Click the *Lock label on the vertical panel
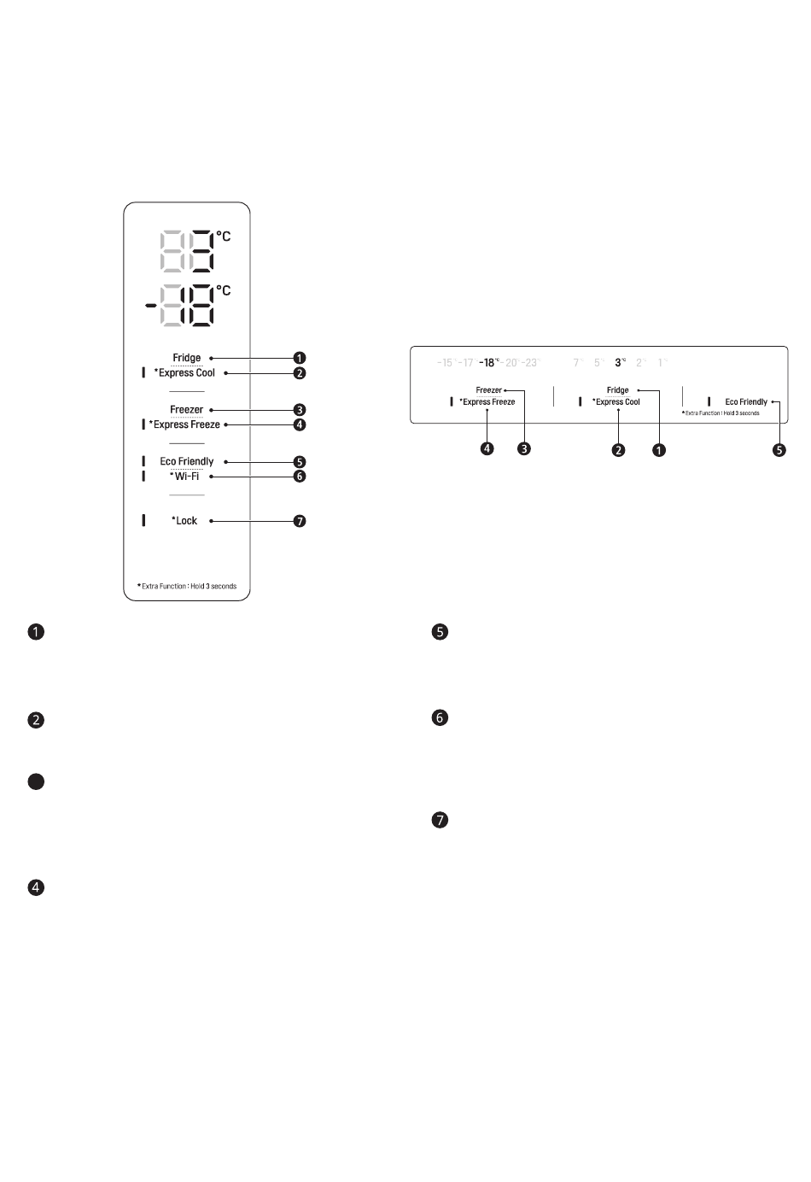185,520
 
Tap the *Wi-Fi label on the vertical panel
185,477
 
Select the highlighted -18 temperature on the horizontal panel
488,363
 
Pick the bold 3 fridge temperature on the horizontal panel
619,363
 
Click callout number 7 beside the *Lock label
300,521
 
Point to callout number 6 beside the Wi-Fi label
300,477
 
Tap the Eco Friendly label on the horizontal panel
745,402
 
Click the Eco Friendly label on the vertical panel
187,462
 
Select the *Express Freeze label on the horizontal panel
487,402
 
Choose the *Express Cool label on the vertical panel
184,373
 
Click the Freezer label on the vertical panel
187,410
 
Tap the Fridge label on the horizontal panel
617,390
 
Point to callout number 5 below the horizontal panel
779,449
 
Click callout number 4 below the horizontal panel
487,448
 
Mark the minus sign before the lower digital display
149,304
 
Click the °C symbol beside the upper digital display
223,236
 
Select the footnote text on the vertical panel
187,587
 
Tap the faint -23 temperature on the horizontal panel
531,363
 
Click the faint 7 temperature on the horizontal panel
577,363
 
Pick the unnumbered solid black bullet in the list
36,781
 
